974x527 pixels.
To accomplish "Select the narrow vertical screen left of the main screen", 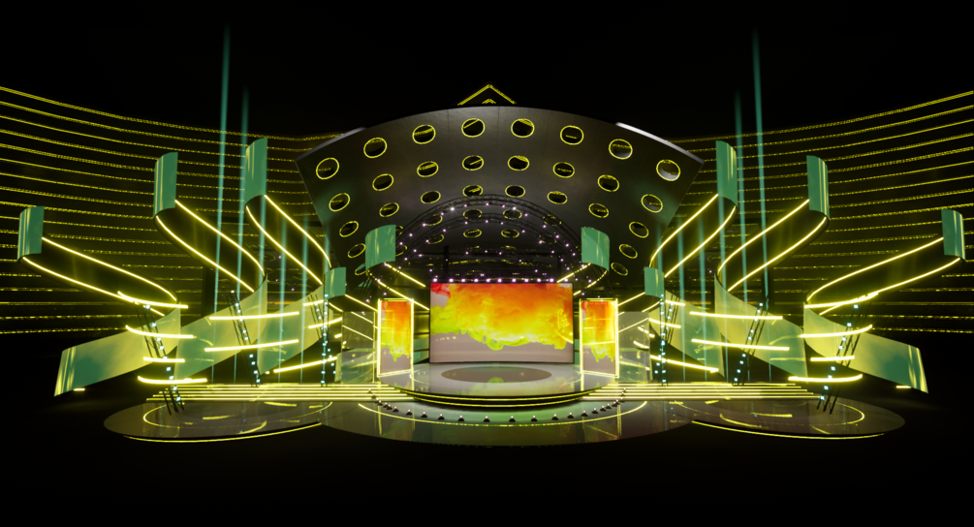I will pyautogui.click(x=395, y=335).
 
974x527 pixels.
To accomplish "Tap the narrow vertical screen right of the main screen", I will pyautogui.click(x=598, y=335).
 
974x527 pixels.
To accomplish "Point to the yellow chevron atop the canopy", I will pyautogui.click(x=486, y=95).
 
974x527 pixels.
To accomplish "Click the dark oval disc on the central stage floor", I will pyautogui.click(x=500, y=373).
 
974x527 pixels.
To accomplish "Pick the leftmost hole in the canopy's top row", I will pyautogui.click(x=328, y=168).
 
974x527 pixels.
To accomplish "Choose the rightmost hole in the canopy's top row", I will pyautogui.click(x=668, y=170).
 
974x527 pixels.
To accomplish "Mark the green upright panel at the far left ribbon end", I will pyautogui.click(x=30, y=232).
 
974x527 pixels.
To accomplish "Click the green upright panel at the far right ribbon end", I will pyautogui.click(x=953, y=232).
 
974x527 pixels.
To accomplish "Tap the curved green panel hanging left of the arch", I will pyautogui.click(x=380, y=246).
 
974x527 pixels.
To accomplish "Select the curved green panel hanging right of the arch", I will pyautogui.click(x=594, y=248).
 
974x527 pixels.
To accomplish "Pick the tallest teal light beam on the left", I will pyautogui.click(x=225, y=116).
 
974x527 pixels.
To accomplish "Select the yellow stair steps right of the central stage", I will pyautogui.click(x=698, y=391).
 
